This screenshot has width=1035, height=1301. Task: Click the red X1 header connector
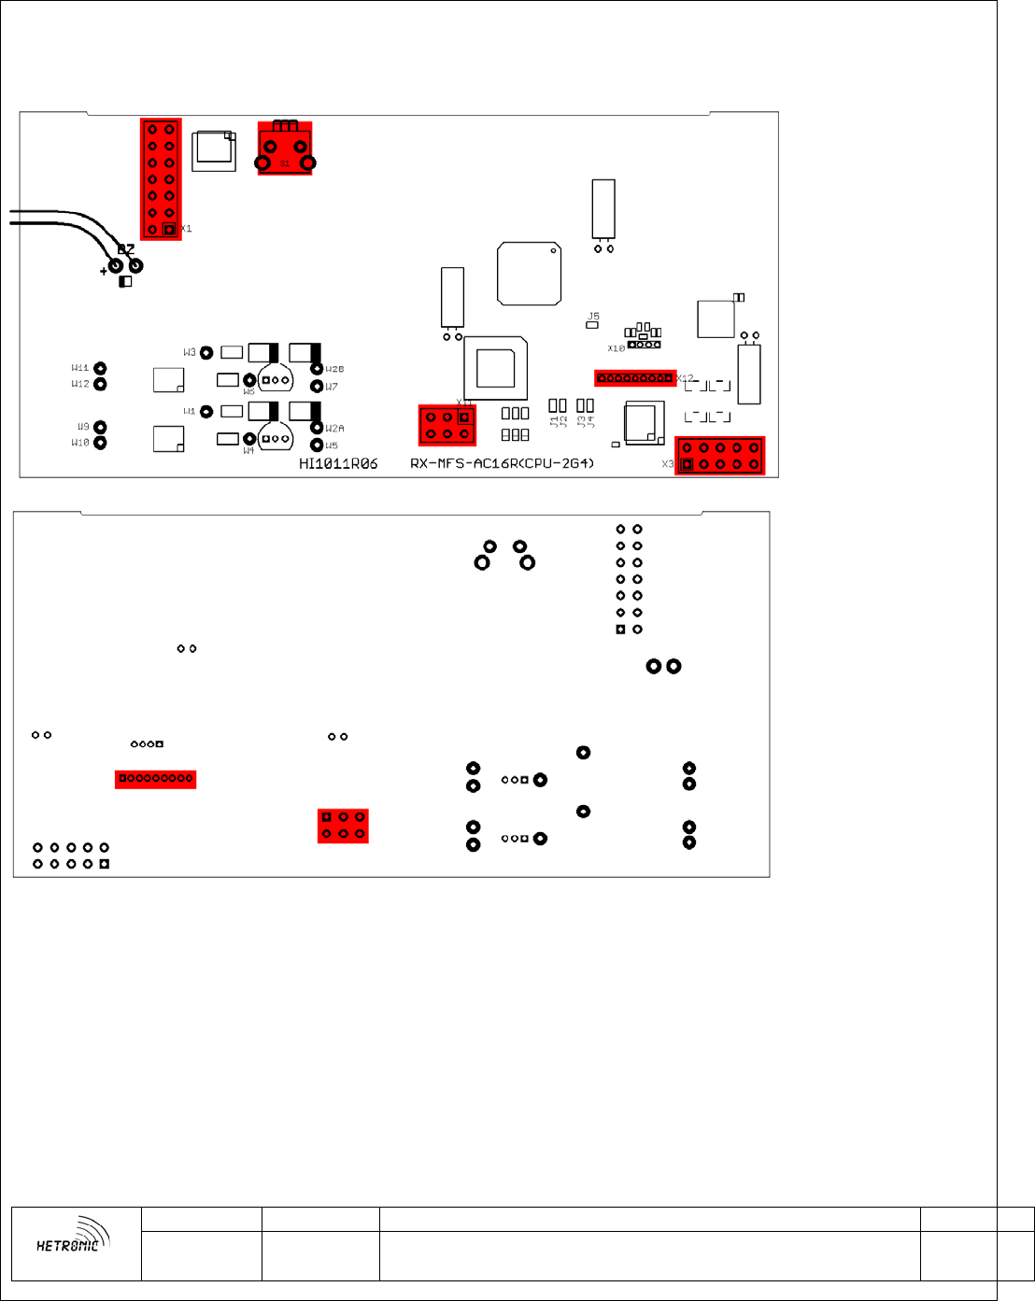(161, 178)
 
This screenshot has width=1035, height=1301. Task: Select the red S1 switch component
(285, 148)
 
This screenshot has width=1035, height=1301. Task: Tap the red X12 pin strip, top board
(635, 378)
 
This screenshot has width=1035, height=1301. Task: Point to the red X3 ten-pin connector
(720, 456)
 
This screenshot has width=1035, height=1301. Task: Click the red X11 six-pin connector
(447, 425)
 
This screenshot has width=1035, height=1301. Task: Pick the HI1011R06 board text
(338, 464)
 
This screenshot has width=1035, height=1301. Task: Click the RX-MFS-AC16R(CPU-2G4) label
(503, 464)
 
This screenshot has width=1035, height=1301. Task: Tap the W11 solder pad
(100, 369)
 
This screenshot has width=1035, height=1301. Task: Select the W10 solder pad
(100, 443)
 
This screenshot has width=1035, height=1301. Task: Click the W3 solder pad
(206, 352)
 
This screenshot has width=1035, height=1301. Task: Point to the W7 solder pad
(317, 387)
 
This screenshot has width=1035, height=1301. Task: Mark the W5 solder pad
(317, 445)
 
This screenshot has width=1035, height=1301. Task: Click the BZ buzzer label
(126, 249)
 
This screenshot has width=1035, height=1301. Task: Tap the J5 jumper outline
(591, 324)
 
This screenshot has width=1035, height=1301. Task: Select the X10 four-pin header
(644, 345)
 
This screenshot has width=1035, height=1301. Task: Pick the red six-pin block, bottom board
(343, 826)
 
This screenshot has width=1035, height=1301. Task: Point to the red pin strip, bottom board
(156, 778)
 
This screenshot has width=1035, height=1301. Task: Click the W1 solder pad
(206, 412)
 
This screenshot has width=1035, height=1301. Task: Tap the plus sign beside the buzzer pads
(103, 272)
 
